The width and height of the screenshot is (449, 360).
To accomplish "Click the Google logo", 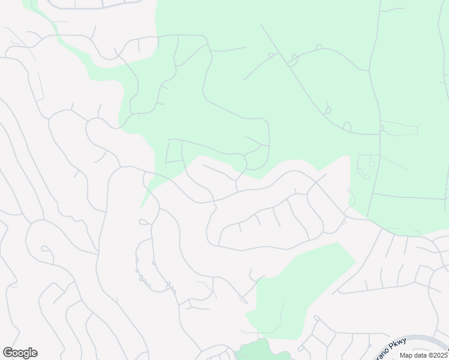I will (20, 353).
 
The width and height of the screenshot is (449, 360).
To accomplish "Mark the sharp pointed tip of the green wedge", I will (142, 207).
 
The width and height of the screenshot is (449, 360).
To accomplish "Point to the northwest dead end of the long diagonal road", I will (261, 25).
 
